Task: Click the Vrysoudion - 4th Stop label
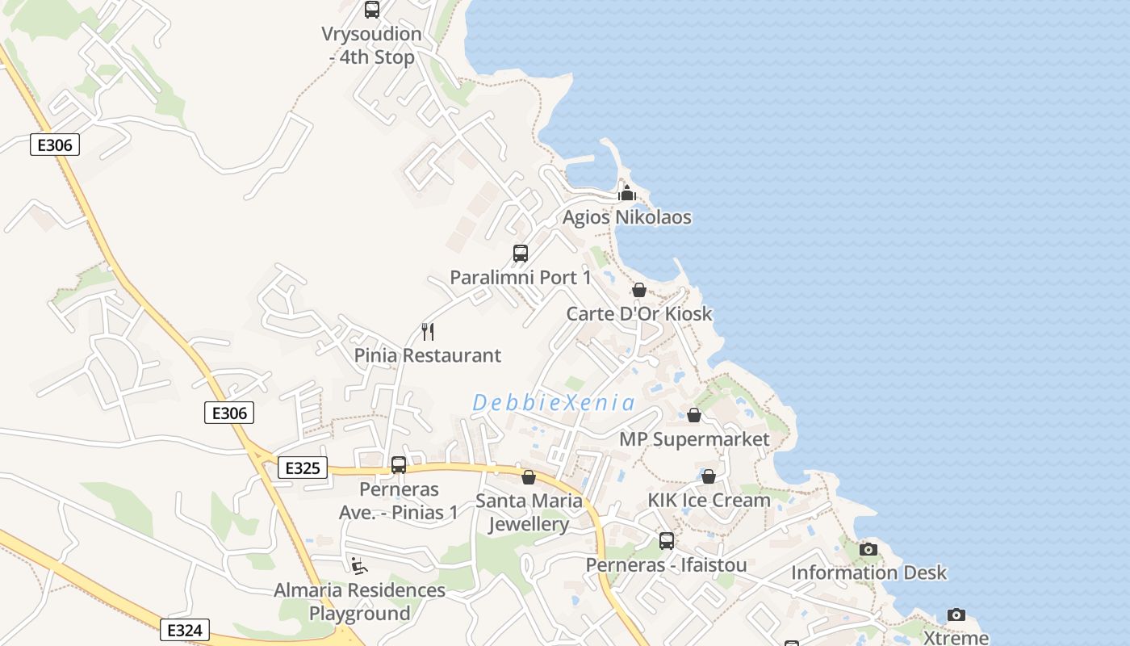(x=372, y=46)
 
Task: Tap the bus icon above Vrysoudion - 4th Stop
(x=371, y=10)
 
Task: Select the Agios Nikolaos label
(x=626, y=217)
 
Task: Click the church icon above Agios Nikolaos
(x=627, y=193)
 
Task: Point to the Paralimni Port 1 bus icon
(x=521, y=254)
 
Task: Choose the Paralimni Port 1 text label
(x=521, y=278)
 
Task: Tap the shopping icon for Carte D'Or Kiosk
(x=639, y=290)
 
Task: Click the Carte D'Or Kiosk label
(x=639, y=314)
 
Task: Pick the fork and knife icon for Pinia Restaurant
(x=428, y=331)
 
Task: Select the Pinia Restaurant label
(x=428, y=355)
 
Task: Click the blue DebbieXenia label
(x=554, y=402)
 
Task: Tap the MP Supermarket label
(x=694, y=439)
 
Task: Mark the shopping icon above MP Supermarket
(x=694, y=415)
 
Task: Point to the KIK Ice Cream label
(x=709, y=500)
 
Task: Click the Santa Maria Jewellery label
(x=529, y=512)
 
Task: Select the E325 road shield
(x=303, y=468)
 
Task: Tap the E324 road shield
(x=185, y=630)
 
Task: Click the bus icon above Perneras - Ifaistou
(x=667, y=541)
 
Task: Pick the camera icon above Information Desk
(x=868, y=549)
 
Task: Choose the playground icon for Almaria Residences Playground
(x=359, y=566)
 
